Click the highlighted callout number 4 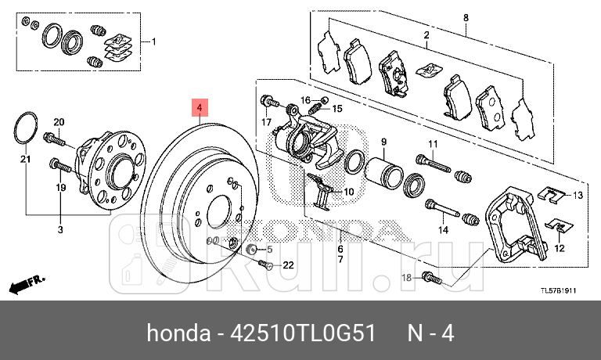tap(200, 107)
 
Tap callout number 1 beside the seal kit tap(153, 41)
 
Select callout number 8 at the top tap(466, 17)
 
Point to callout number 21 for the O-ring tap(24, 160)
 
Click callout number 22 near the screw tap(288, 265)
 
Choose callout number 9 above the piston tap(384, 141)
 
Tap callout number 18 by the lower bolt tap(405, 278)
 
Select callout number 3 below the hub tap(61, 229)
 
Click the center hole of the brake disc tap(222, 216)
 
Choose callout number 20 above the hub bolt tap(58, 121)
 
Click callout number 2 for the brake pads tap(426, 35)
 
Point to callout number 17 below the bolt tap(266, 122)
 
